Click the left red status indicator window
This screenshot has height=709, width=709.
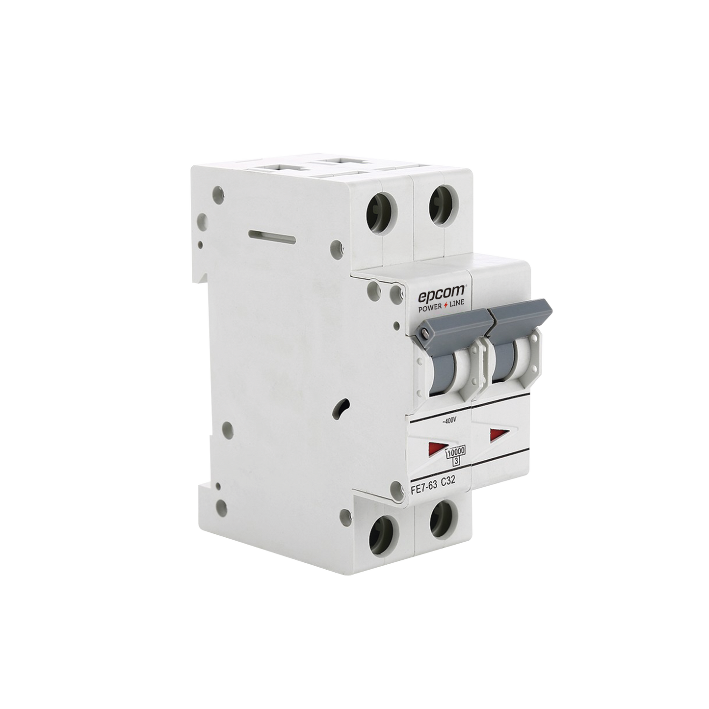tap(435, 447)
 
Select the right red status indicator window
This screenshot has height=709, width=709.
tap(498, 433)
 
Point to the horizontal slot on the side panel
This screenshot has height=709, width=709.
tap(272, 237)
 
